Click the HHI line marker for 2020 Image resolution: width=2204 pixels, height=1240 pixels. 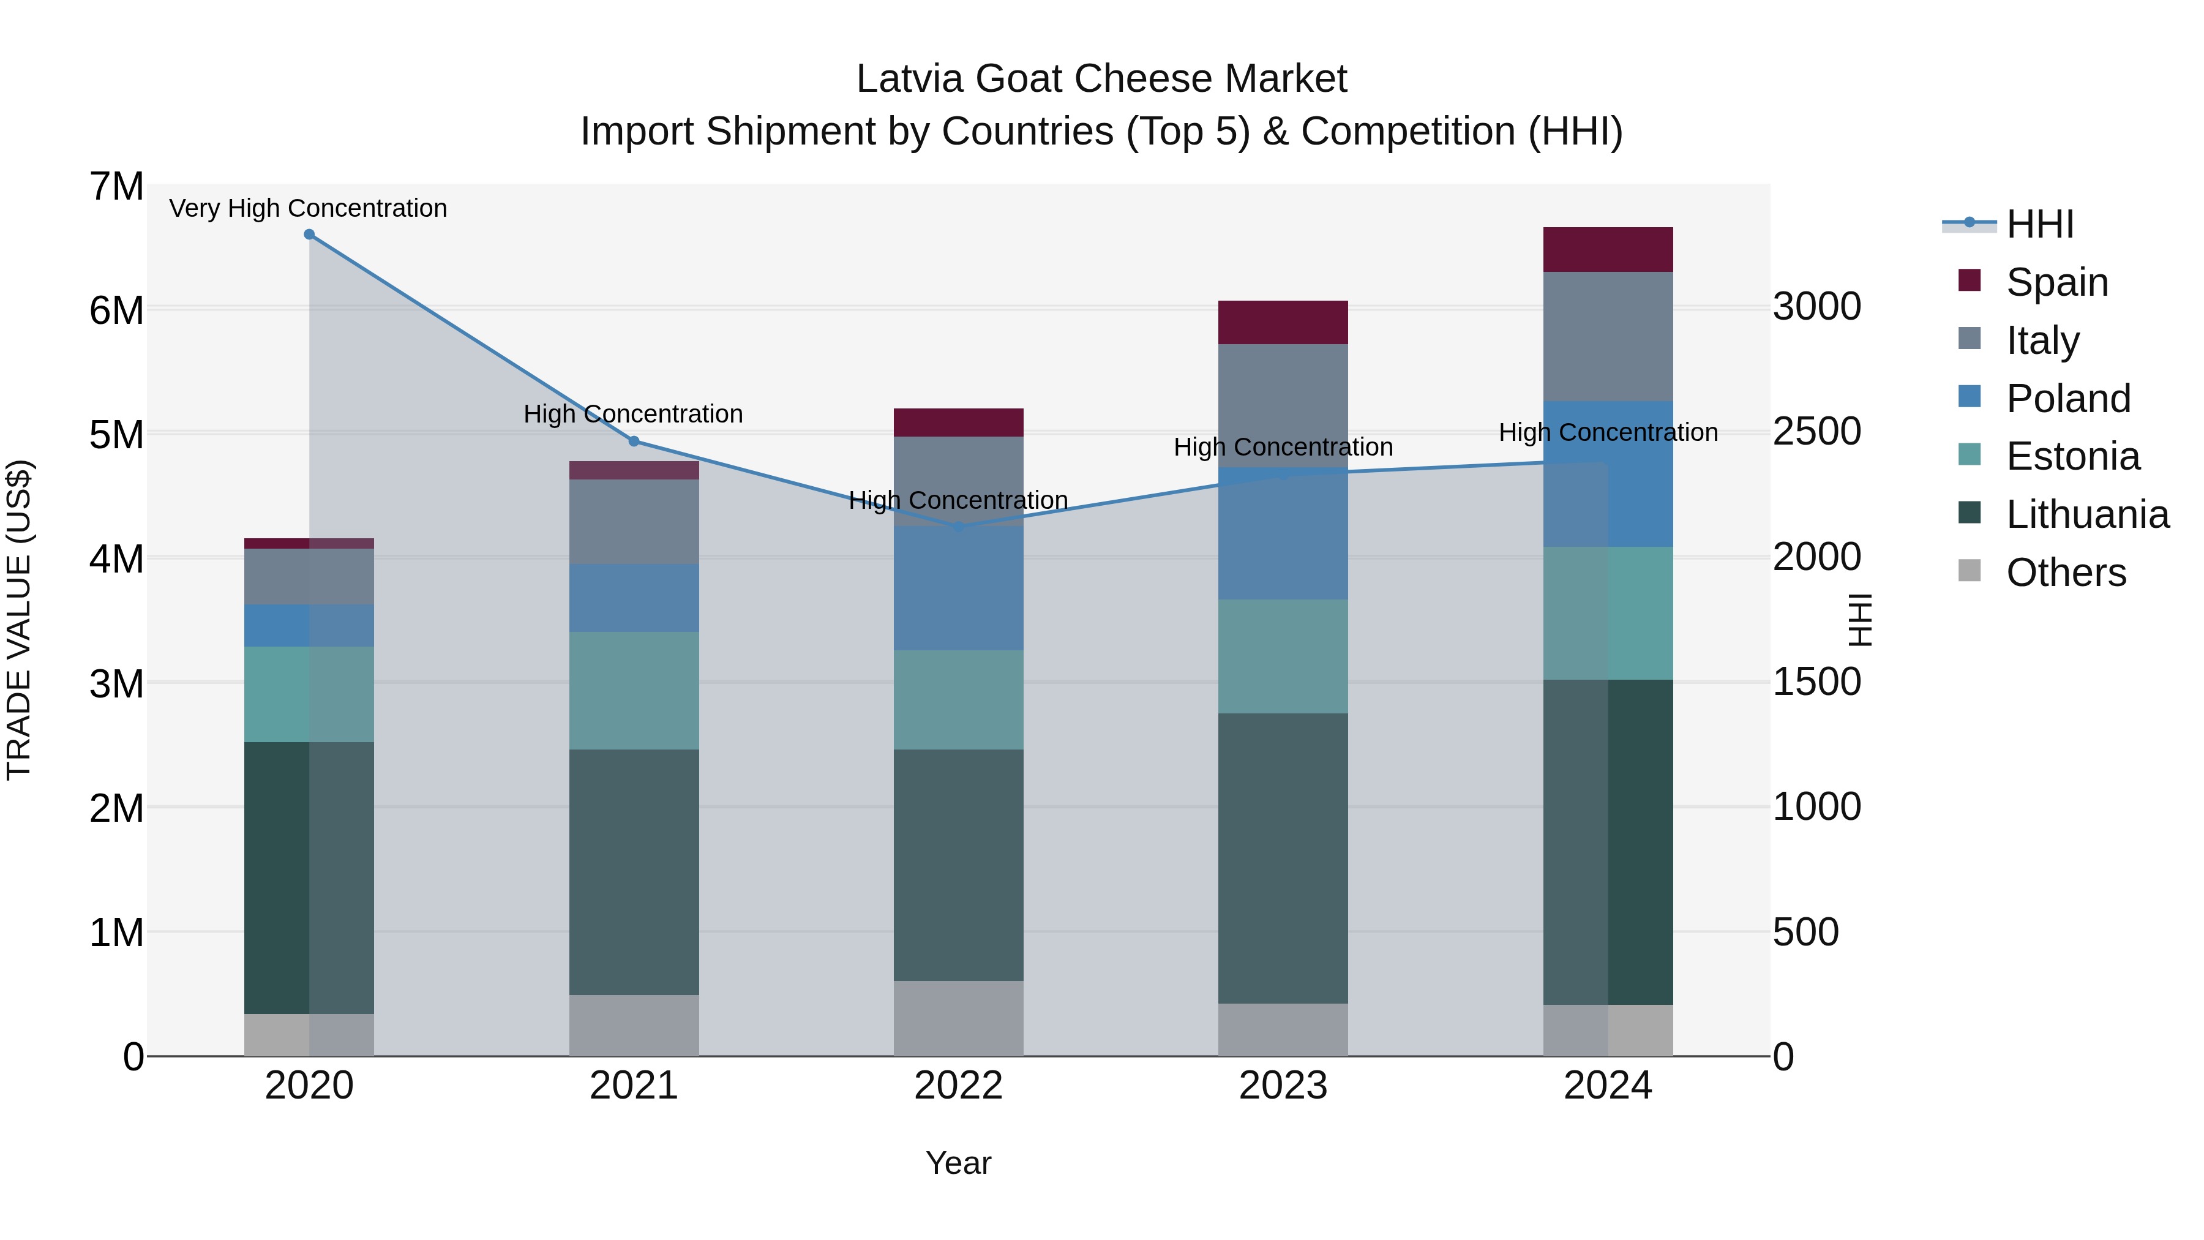coord(310,235)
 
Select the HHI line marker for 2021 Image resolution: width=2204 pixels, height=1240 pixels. coord(634,442)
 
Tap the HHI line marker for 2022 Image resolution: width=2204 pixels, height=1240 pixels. coord(958,526)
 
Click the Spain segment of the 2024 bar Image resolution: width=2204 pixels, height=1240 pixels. coord(1608,250)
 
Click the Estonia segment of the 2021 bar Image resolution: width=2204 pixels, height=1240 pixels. coord(634,691)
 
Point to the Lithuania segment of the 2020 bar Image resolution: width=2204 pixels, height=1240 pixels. coord(309,877)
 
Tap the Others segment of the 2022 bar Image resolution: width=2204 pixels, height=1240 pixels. coord(958,1018)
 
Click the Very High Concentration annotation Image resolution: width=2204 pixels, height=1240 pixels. coord(308,208)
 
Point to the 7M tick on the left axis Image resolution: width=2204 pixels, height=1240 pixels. coord(116,187)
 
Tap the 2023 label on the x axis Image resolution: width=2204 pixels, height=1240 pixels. coord(1283,1086)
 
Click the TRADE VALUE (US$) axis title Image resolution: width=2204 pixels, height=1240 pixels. coord(19,620)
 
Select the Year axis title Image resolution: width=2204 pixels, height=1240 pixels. coord(958,1163)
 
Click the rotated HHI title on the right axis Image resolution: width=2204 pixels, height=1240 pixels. coord(1860,620)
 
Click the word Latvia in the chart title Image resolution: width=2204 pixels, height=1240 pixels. coord(910,79)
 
